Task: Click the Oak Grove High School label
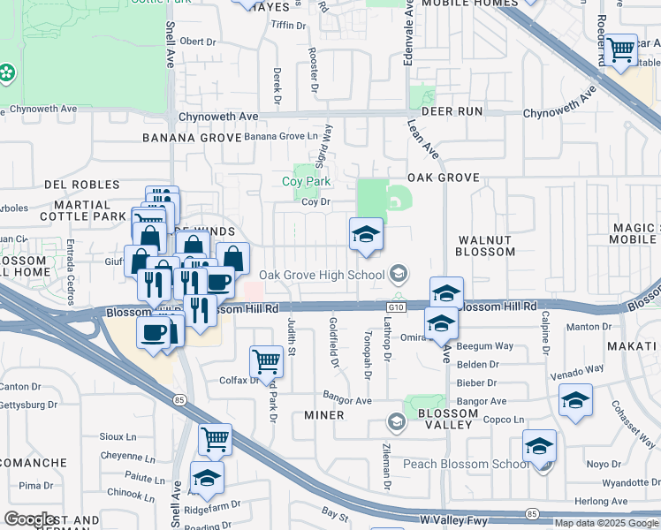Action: (322, 274)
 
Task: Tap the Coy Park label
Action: (306, 181)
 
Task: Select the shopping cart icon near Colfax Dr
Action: (266, 360)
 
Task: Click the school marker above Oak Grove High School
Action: (366, 235)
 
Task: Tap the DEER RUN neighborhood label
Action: (452, 111)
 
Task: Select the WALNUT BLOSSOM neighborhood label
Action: (484, 246)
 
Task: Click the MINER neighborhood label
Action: (323, 414)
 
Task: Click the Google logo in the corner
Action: (30, 519)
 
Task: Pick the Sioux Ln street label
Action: (118, 436)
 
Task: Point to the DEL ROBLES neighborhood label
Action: (80, 185)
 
